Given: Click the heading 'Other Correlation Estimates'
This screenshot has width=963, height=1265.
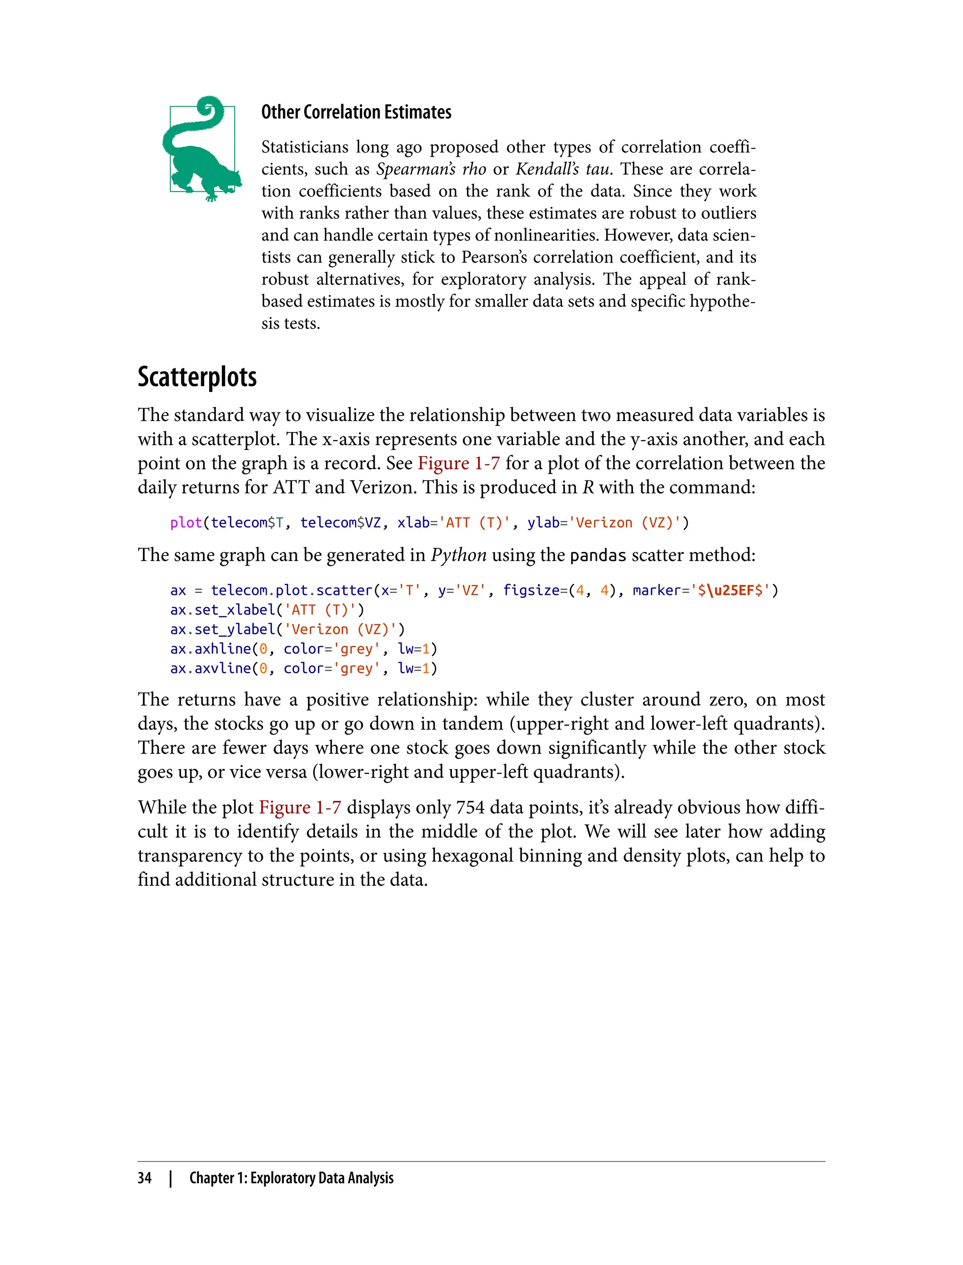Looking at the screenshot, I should (356, 112).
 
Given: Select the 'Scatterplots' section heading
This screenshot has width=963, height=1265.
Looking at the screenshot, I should (197, 377).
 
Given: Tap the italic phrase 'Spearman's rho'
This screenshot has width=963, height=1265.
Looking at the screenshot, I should (431, 169).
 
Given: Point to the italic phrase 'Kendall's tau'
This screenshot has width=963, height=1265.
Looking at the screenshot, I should (562, 169).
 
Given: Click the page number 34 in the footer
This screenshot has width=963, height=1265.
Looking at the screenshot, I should (144, 1178).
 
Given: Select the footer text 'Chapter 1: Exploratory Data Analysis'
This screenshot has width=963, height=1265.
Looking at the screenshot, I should (291, 1178).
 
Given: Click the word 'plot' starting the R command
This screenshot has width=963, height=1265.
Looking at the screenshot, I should (186, 523).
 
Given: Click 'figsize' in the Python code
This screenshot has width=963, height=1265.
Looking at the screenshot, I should (531, 590).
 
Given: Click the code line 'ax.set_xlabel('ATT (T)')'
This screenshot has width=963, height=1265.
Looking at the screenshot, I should (267, 610).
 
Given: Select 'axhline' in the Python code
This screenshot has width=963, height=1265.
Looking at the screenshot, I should (222, 649).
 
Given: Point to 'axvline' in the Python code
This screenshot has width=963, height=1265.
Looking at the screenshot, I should (222, 668).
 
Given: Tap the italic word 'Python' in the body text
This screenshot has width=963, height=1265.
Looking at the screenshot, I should (458, 555).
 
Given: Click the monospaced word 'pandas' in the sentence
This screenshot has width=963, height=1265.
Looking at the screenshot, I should (598, 556).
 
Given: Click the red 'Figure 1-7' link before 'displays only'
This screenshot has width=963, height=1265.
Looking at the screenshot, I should (300, 808).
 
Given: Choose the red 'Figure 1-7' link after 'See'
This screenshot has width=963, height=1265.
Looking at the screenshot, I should (458, 463).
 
